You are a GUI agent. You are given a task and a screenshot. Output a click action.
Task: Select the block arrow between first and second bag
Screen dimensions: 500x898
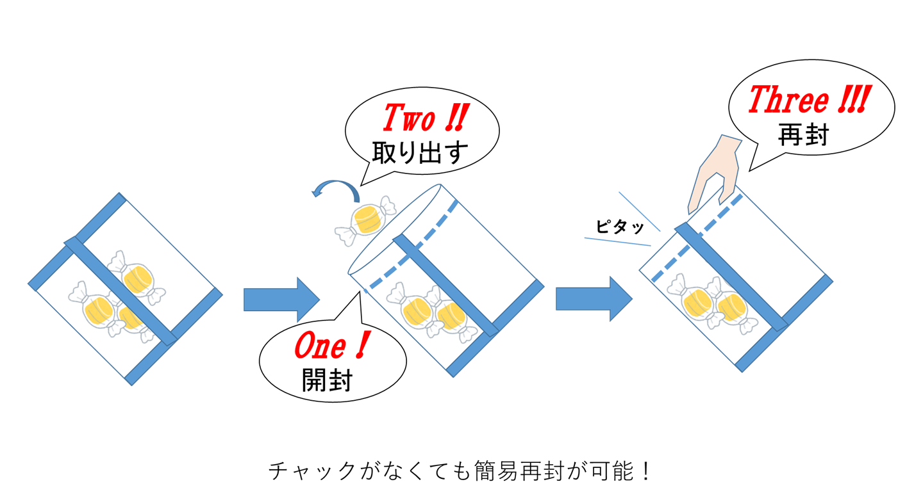tap(281, 299)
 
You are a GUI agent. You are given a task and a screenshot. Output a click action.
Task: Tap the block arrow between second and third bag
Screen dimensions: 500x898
tap(594, 298)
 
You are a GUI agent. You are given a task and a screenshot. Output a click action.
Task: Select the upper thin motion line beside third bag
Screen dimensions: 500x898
tap(639, 211)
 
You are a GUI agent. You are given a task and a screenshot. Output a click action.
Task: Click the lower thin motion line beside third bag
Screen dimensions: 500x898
tap(617, 241)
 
